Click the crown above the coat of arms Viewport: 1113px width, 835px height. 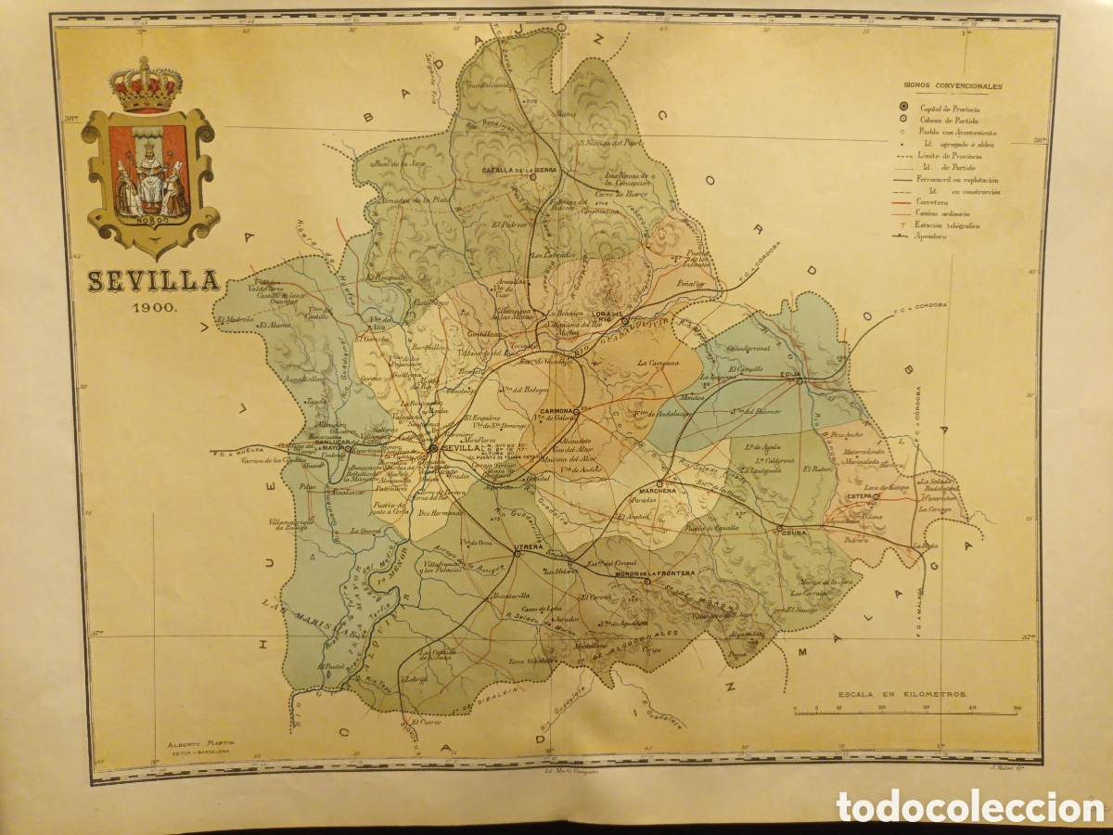145,84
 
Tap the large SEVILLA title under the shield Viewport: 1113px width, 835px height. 153,281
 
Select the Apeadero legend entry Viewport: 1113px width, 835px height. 932,237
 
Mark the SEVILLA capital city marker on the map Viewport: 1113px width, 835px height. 432,449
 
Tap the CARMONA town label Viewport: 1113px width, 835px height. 553,409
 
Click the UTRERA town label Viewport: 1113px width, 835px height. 529,547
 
